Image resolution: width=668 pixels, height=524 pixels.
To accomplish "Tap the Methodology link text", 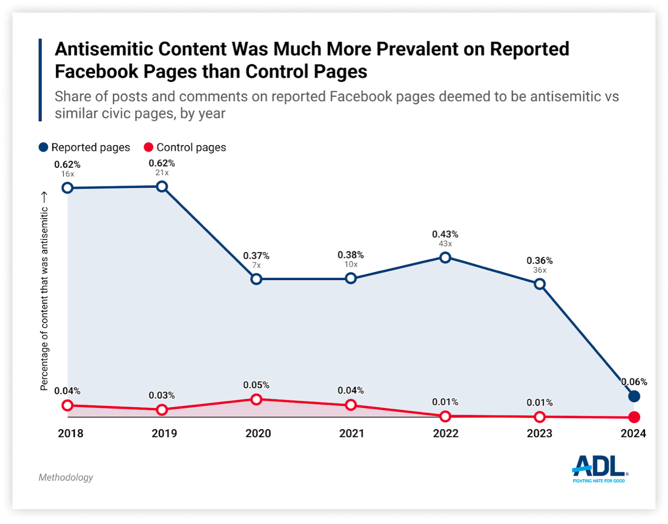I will click(x=66, y=477).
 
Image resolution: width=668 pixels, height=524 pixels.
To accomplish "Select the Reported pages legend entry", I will click(x=85, y=147).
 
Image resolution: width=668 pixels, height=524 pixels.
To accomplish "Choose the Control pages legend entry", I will click(x=185, y=147).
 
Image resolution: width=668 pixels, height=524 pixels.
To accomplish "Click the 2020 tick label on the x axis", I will click(x=258, y=433).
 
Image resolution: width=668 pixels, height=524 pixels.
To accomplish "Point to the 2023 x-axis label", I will click(x=540, y=433).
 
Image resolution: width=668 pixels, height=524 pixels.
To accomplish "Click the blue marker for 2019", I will click(x=162, y=187).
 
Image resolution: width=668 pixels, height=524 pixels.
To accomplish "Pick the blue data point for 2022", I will click(x=445, y=257).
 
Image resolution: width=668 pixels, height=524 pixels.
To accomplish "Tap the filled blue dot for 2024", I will click(x=634, y=396).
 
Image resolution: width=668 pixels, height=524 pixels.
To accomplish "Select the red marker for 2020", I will click(x=256, y=399).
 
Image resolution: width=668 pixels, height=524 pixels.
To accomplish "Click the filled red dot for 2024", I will click(x=634, y=417).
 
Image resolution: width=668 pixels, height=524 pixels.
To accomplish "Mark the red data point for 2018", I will click(x=68, y=405).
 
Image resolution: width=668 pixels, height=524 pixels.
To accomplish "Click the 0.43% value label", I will click(x=445, y=234).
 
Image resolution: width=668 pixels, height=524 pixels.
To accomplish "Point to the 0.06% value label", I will click(x=634, y=382).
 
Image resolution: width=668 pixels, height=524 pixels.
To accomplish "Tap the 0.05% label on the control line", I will click(x=256, y=385).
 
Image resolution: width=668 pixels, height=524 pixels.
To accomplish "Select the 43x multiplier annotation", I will click(x=445, y=244).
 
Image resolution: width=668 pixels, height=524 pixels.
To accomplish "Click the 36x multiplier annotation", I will click(x=540, y=270).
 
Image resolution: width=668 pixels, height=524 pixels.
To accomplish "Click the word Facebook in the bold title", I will click(x=96, y=72).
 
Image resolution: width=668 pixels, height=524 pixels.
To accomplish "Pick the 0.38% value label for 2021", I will click(x=351, y=255).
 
